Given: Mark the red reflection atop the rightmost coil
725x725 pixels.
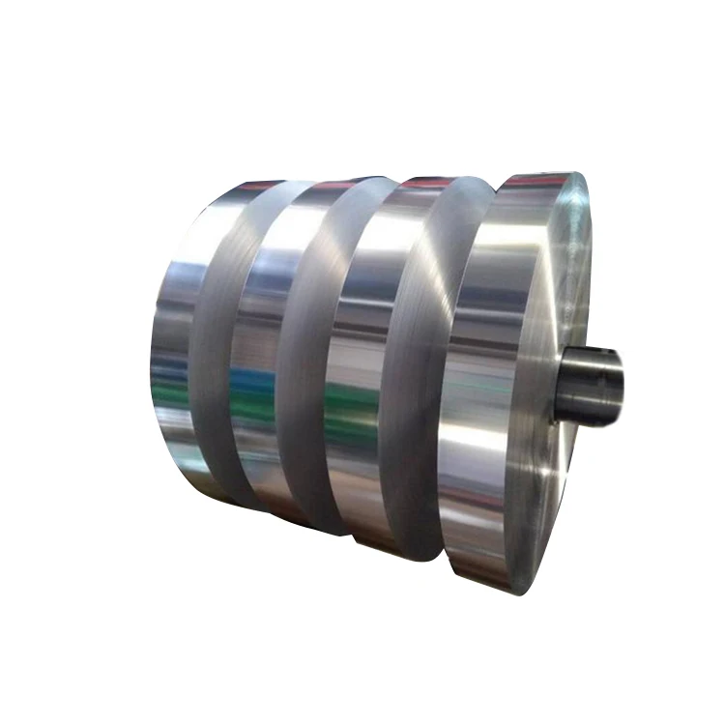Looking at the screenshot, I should (527, 183).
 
